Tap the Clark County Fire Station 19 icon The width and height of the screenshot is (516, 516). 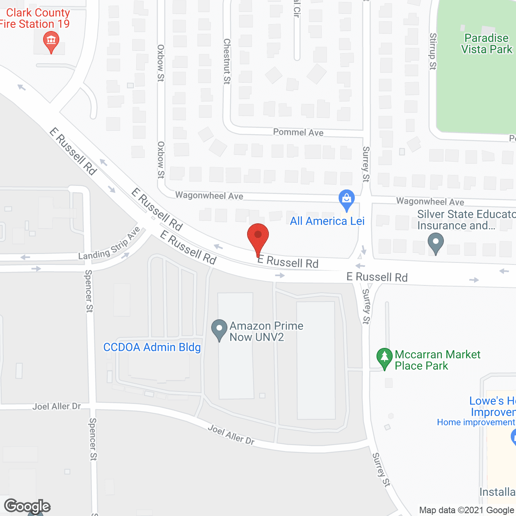coord(51,41)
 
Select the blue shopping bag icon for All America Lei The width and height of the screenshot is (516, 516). coord(346,199)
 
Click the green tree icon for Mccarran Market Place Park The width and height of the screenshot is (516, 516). coord(384,358)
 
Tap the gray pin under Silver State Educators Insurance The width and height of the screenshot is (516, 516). coord(435,243)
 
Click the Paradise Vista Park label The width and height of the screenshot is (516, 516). coord(487,44)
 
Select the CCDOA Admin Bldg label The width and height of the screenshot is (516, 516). coord(152,347)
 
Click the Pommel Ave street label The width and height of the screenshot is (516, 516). coord(298,132)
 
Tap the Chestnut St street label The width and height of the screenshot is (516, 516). coord(227,61)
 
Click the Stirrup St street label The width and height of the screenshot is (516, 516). coord(433,51)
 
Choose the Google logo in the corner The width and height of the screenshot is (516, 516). coord(27,506)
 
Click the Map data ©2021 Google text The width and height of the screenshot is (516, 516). coord(467,510)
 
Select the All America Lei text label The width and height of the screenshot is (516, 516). coord(327,221)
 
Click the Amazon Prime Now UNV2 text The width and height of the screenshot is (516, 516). coord(266,331)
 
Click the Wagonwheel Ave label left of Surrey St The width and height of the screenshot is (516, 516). coord(209,196)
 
